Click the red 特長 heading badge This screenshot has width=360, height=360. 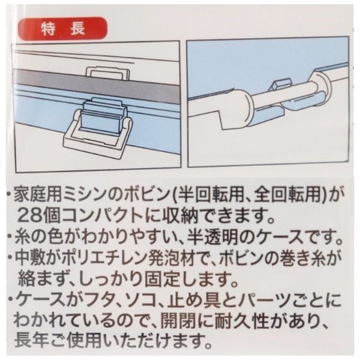63,29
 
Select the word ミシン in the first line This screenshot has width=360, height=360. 85,196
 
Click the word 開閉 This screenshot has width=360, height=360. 176,322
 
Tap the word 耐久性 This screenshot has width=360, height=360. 246,322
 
